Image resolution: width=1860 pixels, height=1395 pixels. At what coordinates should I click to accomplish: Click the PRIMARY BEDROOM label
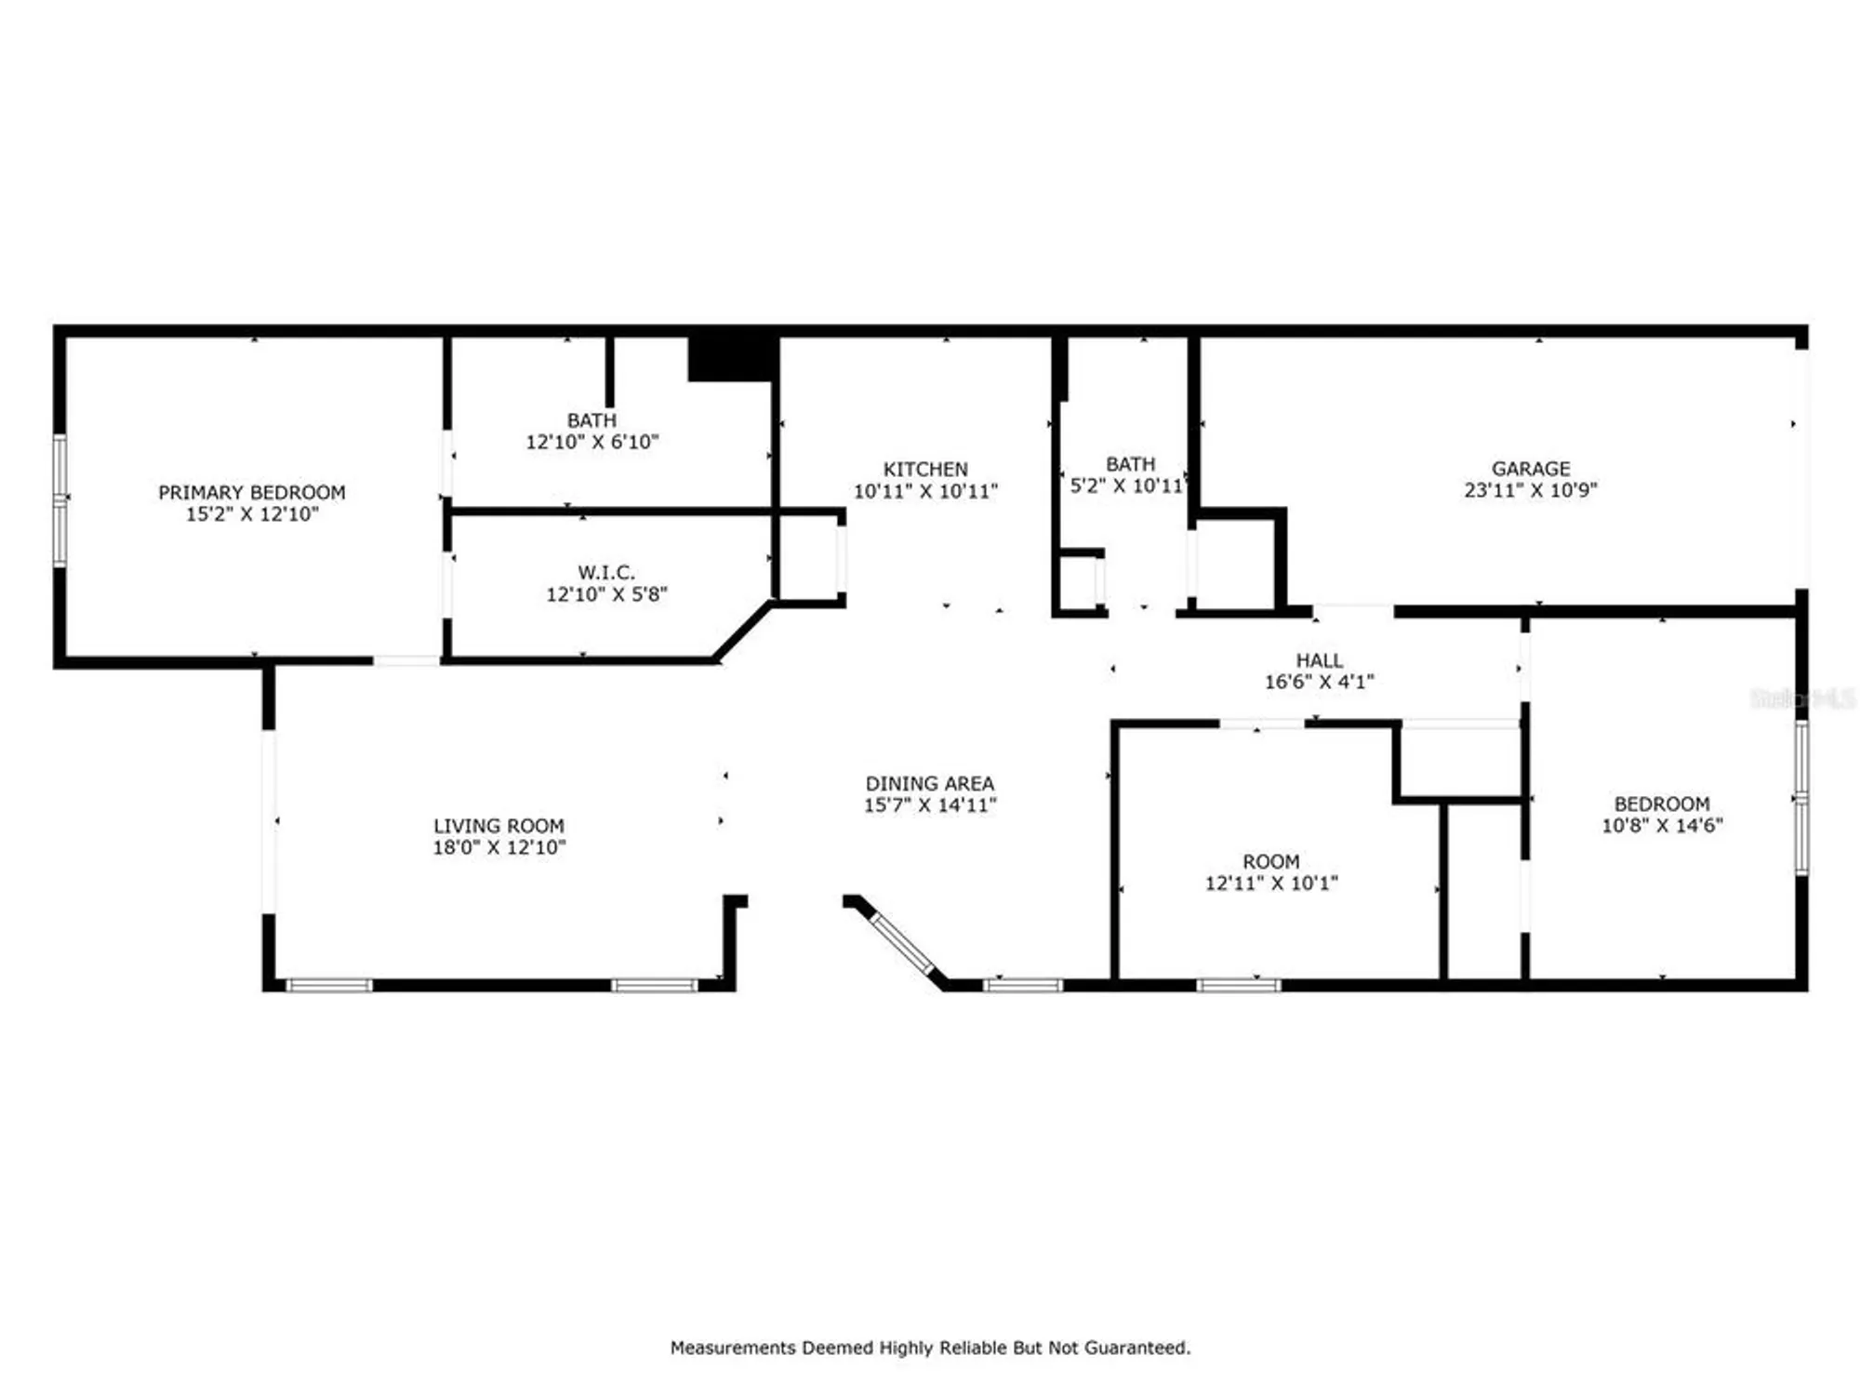tap(251, 492)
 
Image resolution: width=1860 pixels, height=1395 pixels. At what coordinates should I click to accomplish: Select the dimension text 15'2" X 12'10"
tap(251, 514)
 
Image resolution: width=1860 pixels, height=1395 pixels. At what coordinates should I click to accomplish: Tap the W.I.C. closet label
tap(606, 573)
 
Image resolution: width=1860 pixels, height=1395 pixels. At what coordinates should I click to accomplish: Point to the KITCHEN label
tap(925, 470)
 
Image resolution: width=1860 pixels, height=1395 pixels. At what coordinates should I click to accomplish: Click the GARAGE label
tap(1531, 469)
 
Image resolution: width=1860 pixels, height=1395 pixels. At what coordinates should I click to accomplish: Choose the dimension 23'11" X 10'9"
tap(1531, 490)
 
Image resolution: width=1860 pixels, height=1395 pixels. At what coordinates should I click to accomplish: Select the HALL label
tap(1319, 660)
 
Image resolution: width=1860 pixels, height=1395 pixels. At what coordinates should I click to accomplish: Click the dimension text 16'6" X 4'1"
tap(1319, 682)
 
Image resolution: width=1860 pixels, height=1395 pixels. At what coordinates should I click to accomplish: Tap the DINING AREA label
tap(929, 784)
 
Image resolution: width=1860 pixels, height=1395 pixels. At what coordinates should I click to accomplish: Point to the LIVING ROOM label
tap(498, 826)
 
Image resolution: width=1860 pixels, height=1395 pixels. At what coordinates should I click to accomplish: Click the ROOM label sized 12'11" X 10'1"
tap(1270, 862)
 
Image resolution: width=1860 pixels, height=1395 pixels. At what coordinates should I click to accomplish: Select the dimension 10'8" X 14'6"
tap(1662, 826)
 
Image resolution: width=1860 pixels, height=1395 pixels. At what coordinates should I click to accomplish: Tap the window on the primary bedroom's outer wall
tap(60, 499)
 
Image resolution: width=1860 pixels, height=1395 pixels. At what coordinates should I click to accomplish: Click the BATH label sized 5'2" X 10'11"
tap(1130, 464)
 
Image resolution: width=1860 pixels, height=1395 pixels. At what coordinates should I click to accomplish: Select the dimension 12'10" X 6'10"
tap(592, 443)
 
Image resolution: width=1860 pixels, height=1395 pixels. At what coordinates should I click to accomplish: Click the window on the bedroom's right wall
tap(1800, 798)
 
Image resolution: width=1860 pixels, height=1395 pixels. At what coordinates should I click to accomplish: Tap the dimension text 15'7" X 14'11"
tap(929, 805)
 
